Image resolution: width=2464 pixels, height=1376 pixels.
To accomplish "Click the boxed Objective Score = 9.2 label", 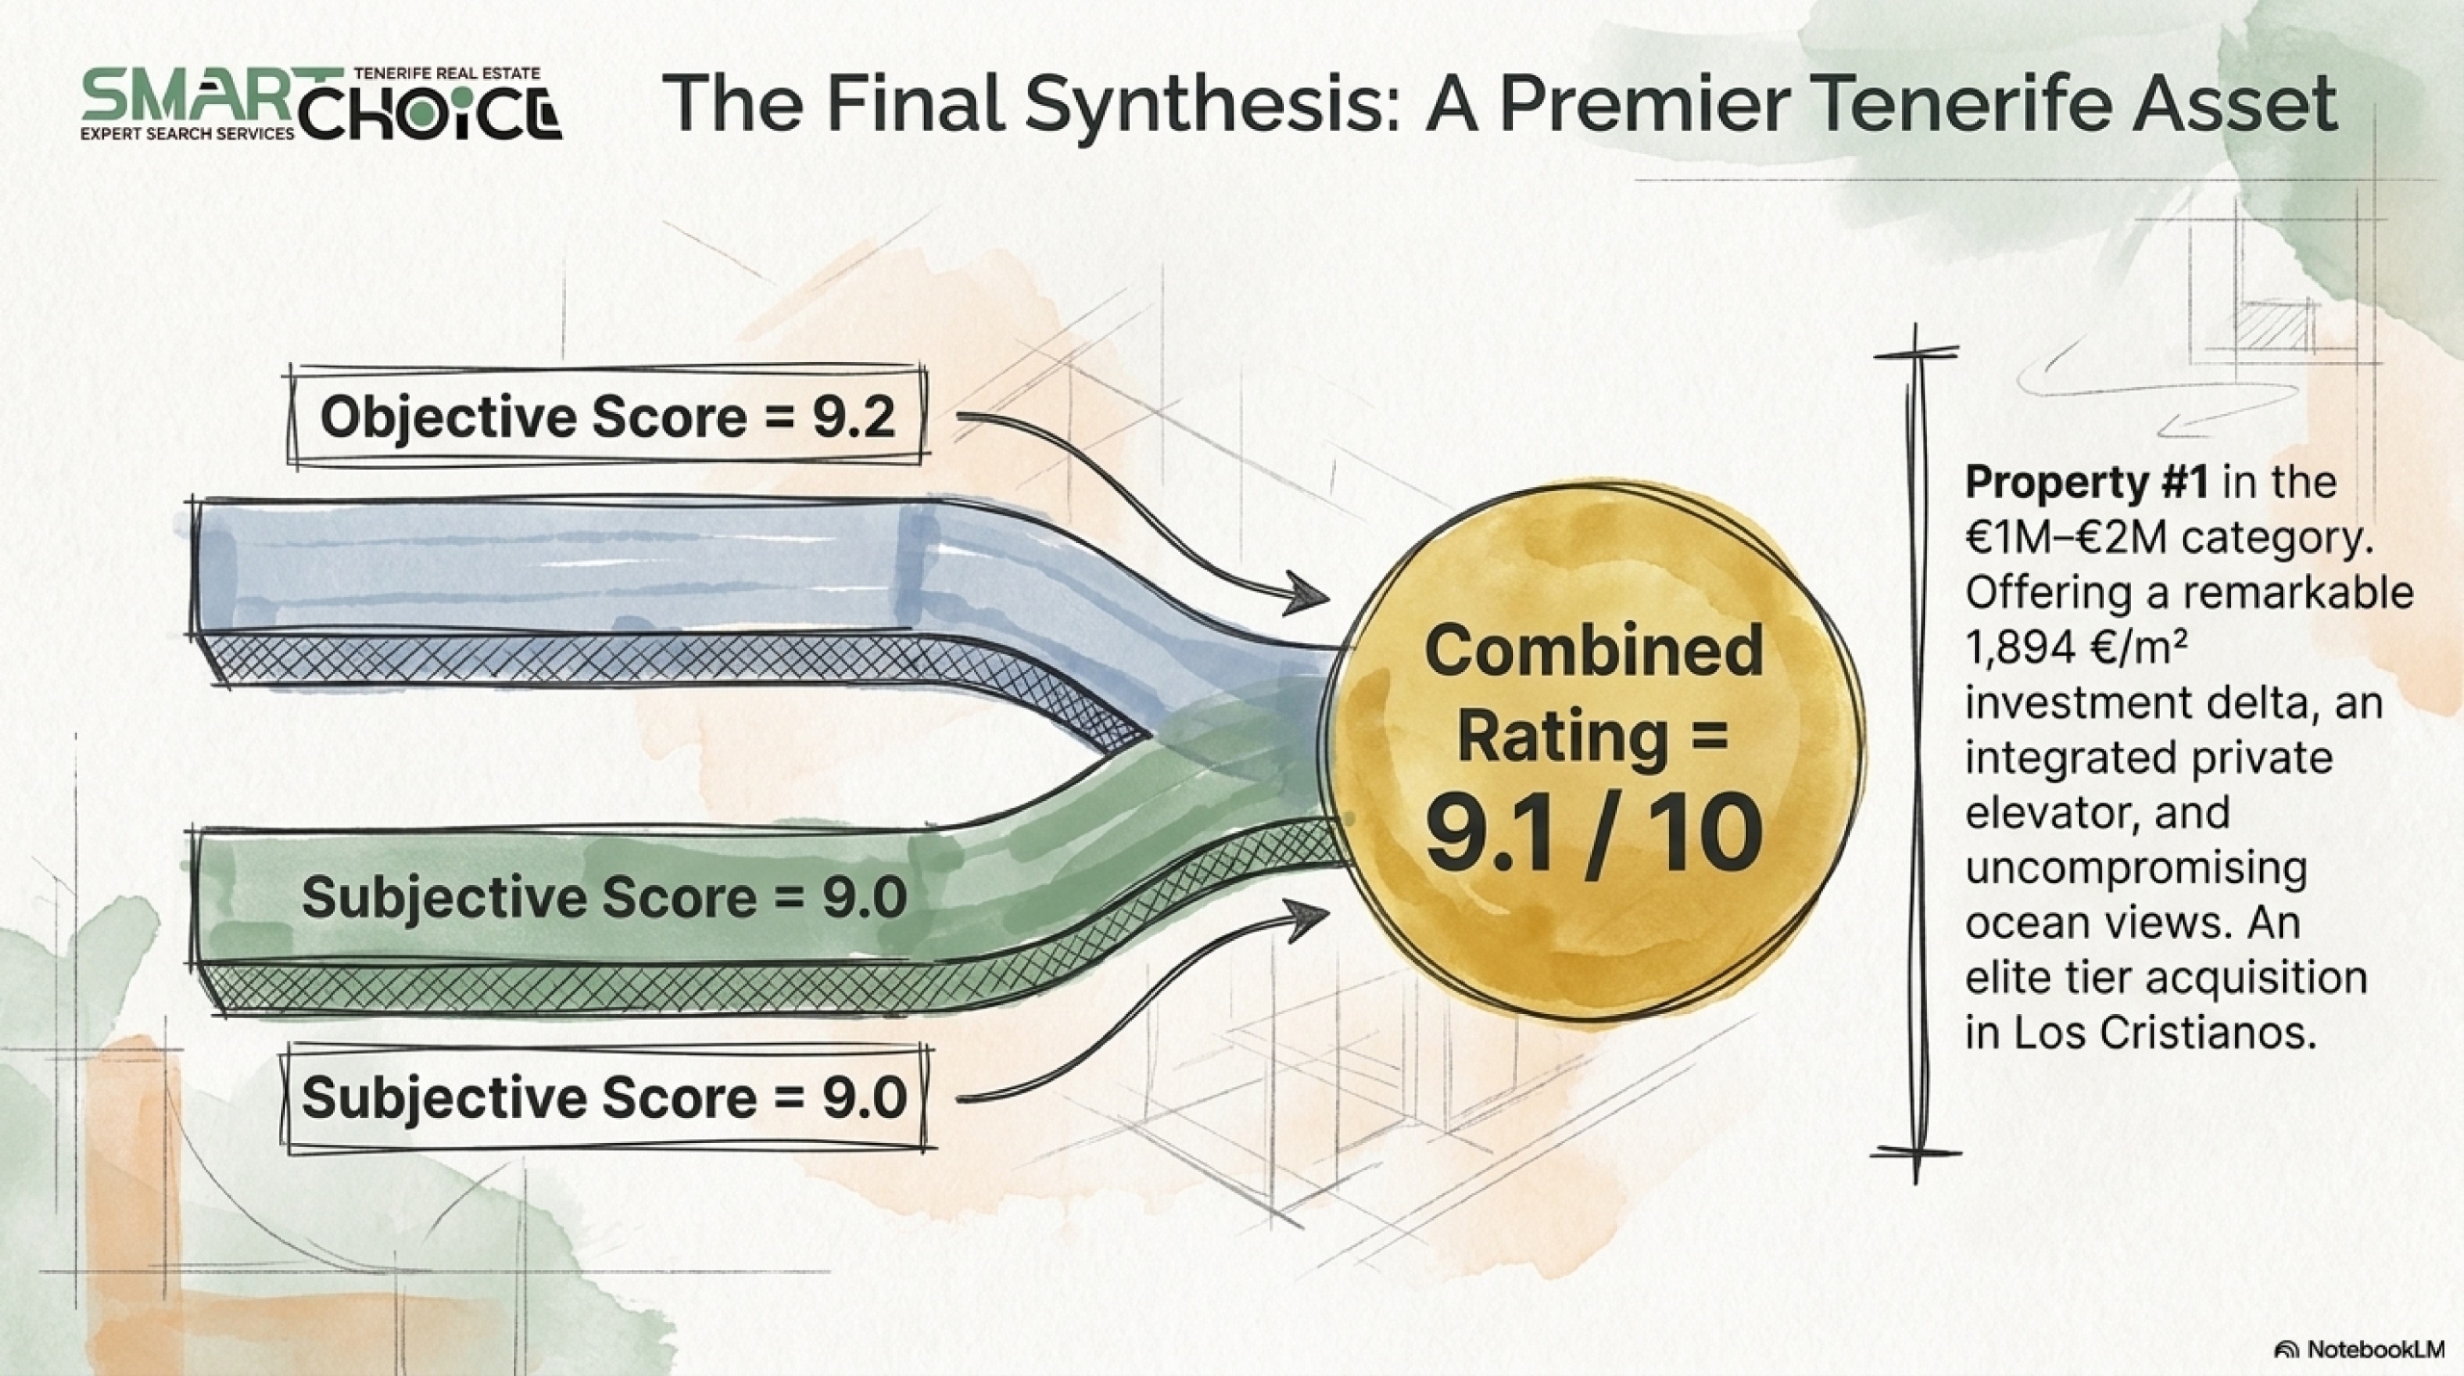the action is click(x=607, y=417).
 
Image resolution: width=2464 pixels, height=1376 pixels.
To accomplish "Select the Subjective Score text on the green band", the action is click(x=604, y=897).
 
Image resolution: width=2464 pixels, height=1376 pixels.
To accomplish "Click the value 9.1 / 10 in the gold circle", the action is click(x=1593, y=837).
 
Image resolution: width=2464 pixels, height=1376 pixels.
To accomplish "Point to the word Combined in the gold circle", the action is click(x=1594, y=652).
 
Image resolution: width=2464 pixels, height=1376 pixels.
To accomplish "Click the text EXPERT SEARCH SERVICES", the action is click(x=189, y=134).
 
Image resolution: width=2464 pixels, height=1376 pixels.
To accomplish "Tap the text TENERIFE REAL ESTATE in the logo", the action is click(x=448, y=73).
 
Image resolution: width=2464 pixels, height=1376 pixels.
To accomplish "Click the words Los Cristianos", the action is click(x=2210, y=1033).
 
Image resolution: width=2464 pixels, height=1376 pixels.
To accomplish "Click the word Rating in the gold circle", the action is click(x=1562, y=739).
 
